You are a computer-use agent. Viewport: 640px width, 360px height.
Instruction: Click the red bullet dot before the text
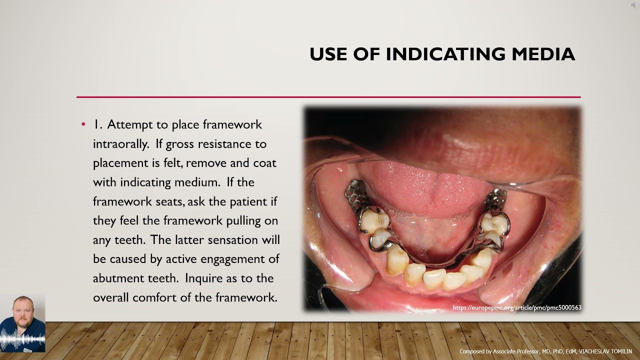tap(83, 124)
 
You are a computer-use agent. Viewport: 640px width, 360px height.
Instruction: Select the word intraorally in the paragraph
tap(120, 144)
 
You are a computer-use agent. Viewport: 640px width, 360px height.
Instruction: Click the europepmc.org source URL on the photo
tap(517, 307)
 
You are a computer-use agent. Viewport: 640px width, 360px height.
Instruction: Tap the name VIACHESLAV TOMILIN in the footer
tap(605, 351)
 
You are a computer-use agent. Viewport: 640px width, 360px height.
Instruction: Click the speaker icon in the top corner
tap(635, 4)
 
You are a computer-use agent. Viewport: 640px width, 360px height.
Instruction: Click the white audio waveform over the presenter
tap(22, 340)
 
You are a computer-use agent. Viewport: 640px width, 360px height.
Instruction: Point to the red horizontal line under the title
tap(328, 97)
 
